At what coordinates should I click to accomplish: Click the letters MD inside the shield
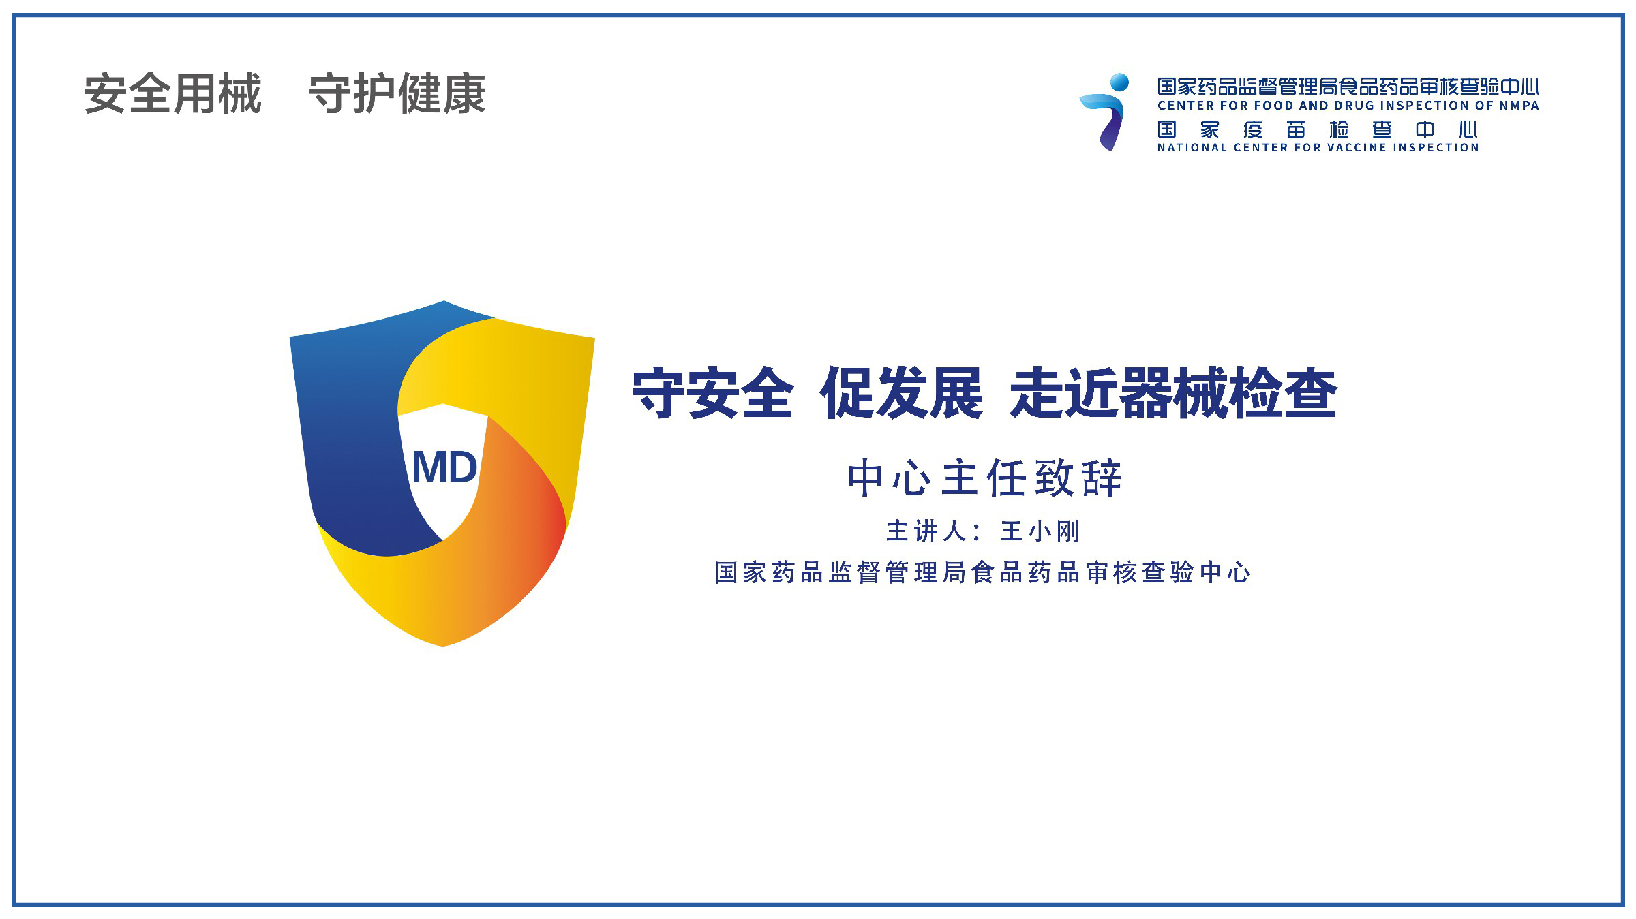[444, 468]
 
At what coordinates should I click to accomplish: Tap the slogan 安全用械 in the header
[173, 94]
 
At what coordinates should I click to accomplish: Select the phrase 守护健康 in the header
[397, 94]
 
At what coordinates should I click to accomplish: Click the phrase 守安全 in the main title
[712, 393]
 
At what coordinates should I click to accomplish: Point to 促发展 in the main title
[902, 393]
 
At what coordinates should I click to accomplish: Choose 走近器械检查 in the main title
[1173, 393]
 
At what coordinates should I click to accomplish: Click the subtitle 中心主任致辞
[984, 478]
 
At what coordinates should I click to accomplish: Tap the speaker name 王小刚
[1040, 531]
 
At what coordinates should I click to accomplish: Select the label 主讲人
[925, 531]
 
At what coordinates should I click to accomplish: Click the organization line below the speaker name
[983, 572]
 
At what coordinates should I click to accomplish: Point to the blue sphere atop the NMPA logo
[1119, 82]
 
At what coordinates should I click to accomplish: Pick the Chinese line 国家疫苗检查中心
[1317, 129]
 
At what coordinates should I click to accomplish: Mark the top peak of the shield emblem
[444, 301]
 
